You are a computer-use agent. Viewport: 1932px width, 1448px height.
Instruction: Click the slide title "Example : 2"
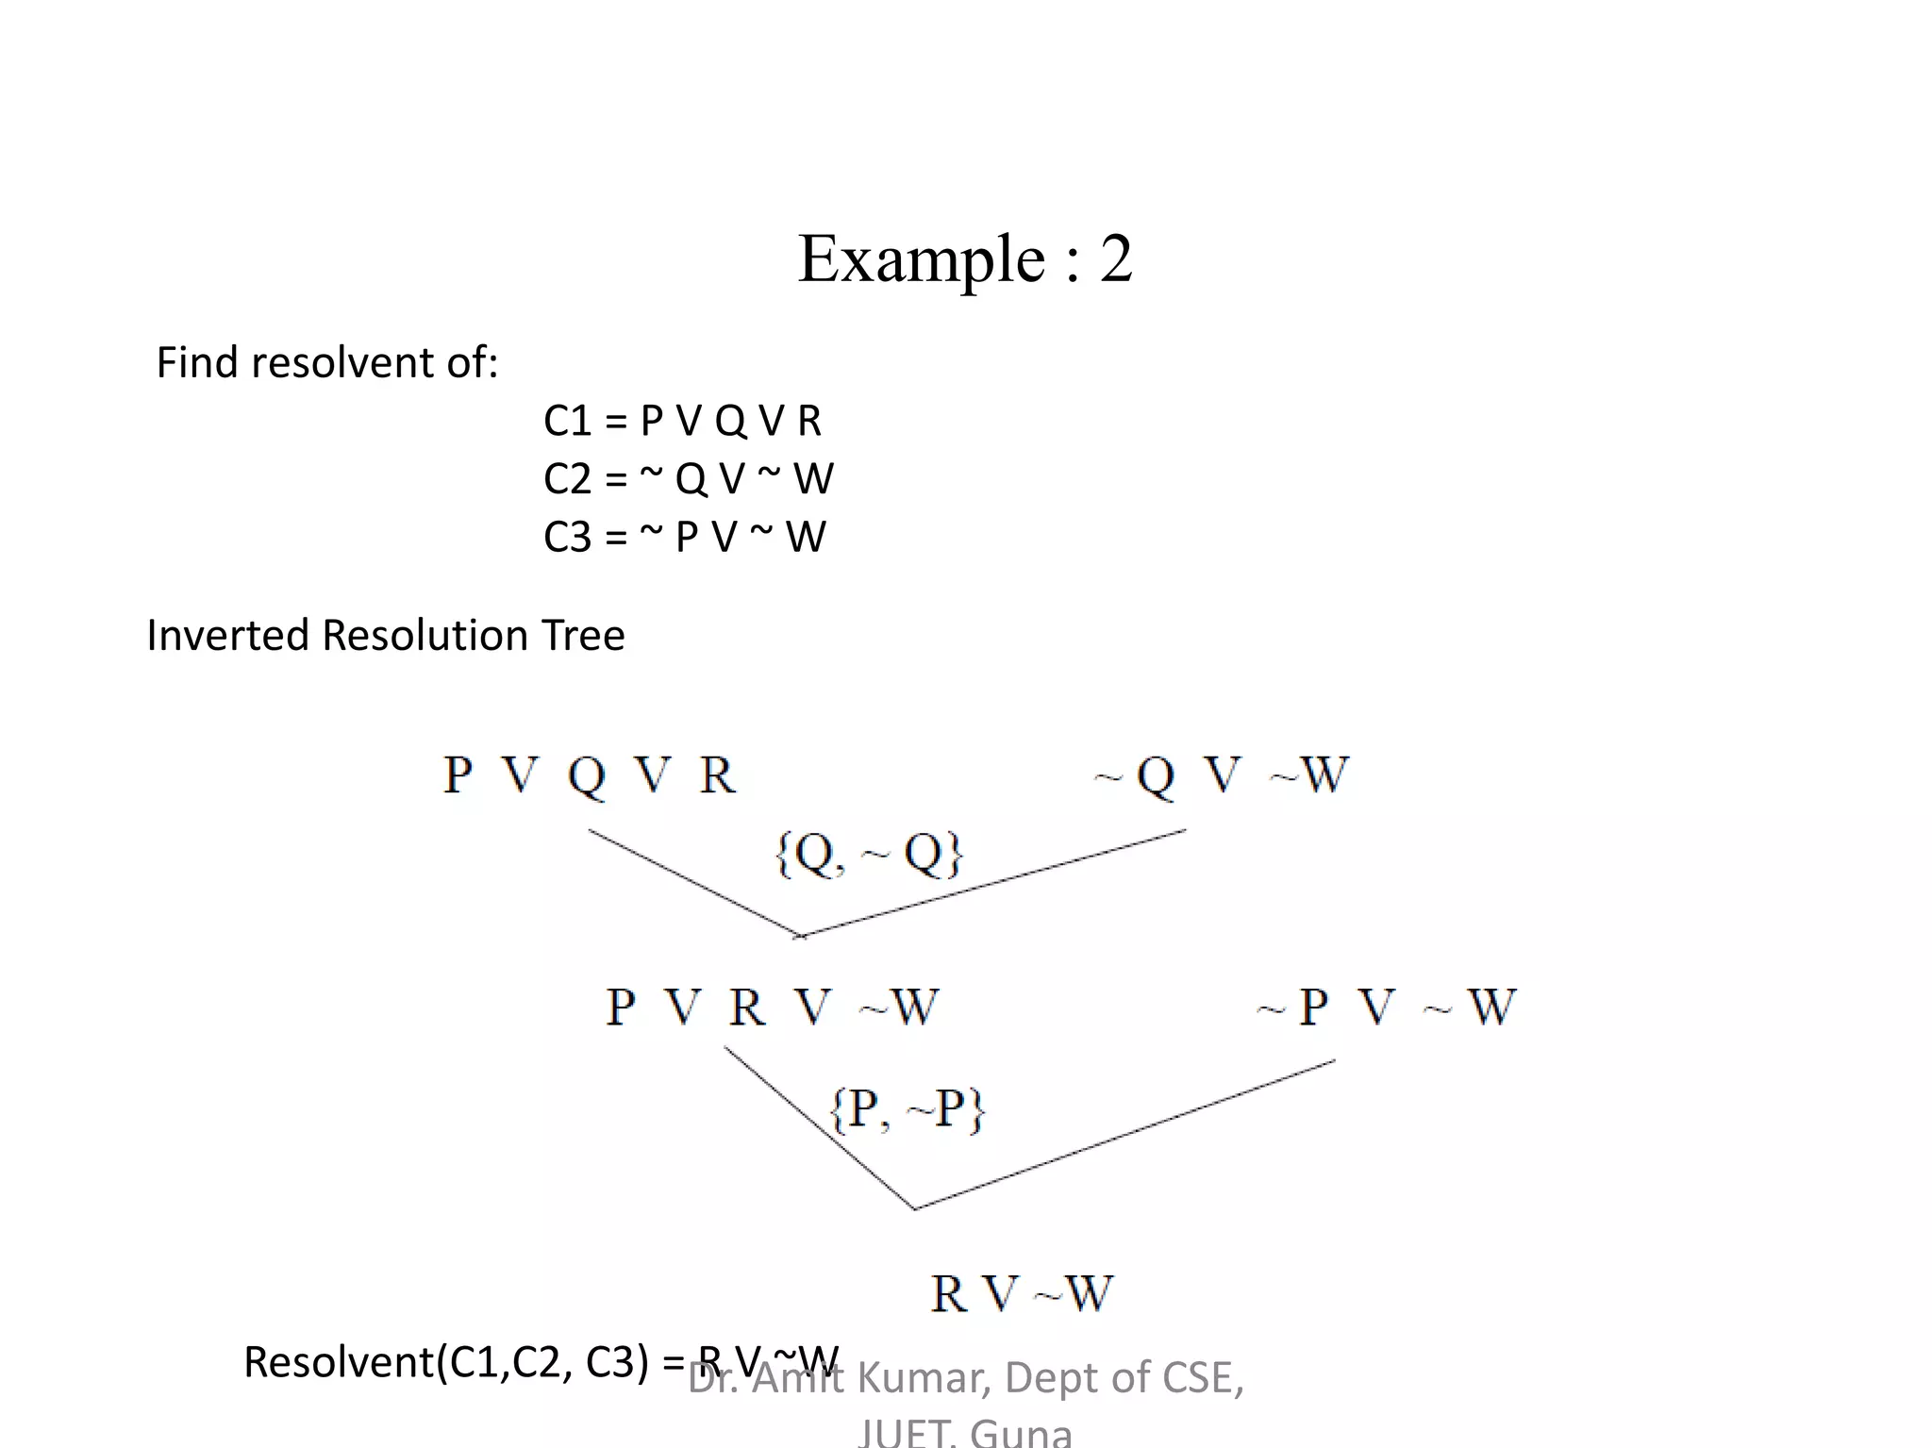(x=964, y=258)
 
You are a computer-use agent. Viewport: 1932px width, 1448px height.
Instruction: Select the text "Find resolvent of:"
(x=326, y=362)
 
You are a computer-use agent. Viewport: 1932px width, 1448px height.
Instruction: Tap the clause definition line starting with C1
(x=682, y=421)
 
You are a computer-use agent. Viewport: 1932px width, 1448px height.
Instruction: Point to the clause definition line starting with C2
(x=688, y=479)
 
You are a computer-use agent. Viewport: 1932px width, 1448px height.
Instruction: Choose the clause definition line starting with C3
(x=684, y=538)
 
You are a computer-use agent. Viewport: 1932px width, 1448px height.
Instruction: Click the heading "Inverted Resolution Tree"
(x=385, y=635)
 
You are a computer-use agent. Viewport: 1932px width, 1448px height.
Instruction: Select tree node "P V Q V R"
(x=589, y=775)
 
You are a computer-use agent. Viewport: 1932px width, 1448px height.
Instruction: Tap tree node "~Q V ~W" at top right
(x=1222, y=775)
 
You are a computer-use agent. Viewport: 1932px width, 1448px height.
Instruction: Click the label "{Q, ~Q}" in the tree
(x=868, y=854)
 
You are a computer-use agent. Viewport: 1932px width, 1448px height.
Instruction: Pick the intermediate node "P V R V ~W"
(x=772, y=1007)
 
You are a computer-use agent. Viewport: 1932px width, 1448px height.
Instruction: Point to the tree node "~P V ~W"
(x=1387, y=1007)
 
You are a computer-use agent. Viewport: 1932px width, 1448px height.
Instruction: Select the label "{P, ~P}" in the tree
(x=908, y=1108)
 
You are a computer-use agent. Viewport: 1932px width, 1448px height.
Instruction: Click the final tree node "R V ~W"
(x=1022, y=1293)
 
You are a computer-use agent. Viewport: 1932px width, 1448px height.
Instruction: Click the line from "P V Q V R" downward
(x=693, y=883)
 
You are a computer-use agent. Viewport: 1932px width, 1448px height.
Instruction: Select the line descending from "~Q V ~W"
(x=991, y=883)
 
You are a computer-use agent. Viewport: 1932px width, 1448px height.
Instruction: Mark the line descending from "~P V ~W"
(x=1123, y=1135)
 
